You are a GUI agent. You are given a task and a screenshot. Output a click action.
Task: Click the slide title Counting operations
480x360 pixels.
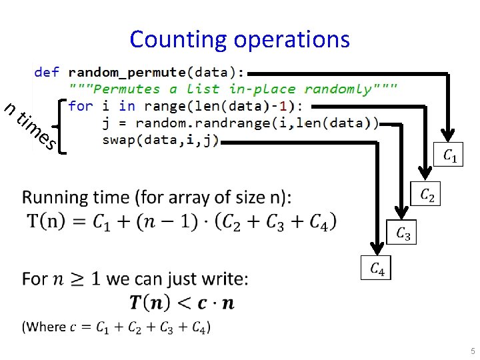[x=239, y=39]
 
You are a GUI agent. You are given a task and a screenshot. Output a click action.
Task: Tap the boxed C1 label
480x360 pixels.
[x=450, y=156]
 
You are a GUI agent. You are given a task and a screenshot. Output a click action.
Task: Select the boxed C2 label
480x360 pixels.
[x=427, y=195]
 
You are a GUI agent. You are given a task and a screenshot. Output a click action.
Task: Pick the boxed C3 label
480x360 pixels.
[x=403, y=233]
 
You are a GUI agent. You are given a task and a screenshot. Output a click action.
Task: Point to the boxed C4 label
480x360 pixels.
[x=377, y=269]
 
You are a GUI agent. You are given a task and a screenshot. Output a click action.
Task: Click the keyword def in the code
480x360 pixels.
[x=47, y=72]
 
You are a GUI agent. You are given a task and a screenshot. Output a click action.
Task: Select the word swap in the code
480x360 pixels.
[x=118, y=139]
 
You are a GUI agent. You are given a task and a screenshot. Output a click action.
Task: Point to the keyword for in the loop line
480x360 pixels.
[x=80, y=106]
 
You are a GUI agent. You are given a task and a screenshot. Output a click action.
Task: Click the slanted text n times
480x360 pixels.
[x=30, y=125]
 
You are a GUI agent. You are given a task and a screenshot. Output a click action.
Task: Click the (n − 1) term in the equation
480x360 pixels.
[x=155, y=220]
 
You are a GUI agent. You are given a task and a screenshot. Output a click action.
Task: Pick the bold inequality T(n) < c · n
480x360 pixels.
[x=181, y=303]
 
